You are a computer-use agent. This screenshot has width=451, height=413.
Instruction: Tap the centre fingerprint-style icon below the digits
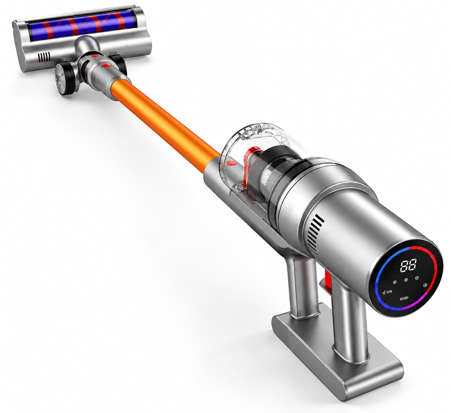[406, 280]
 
